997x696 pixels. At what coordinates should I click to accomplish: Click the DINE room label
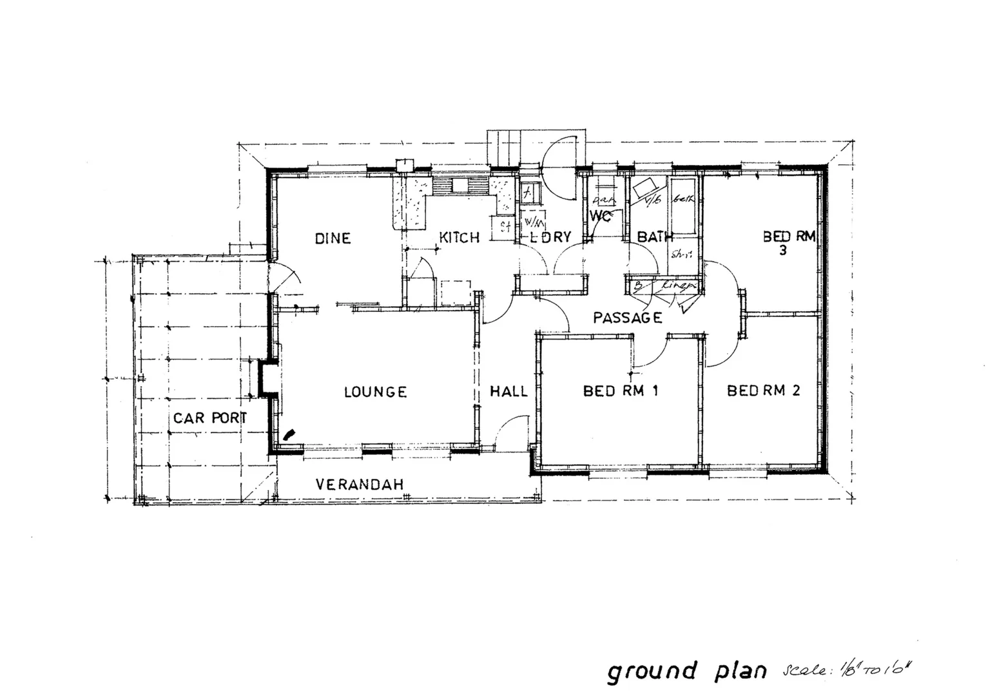click(333, 238)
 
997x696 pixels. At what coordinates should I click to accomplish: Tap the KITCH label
click(459, 238)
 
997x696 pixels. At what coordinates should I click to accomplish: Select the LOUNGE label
click(375, 392)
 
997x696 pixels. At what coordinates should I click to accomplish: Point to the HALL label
click(508, 391)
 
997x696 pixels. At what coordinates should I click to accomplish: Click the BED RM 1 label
click(619, 391)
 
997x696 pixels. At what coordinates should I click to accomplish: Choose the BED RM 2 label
click(763, 391)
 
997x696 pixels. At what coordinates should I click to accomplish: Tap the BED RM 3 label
click(788, 242)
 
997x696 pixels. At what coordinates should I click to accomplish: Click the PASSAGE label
click(627, 318)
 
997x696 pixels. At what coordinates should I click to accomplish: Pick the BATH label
click(655, 237)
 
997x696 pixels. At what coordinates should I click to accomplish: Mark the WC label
click(600, 215)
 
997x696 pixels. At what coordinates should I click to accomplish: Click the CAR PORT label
click(209, 418)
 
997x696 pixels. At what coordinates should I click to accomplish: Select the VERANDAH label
click(359, 484)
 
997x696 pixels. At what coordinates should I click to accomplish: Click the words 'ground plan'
click(687, 672)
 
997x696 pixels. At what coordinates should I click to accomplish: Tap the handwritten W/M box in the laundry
click(533, 224)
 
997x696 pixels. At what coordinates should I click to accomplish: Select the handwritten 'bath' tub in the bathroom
click(682, 206)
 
